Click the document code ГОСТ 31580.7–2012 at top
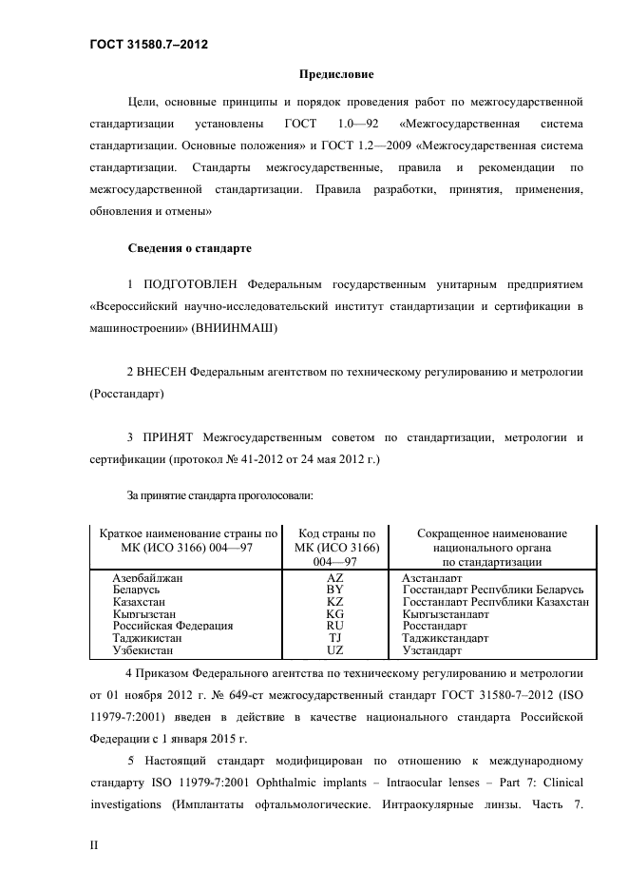coord(148,45)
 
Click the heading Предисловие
coord(336,74)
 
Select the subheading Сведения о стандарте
coord(189,248)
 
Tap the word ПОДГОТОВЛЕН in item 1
coord(190,283)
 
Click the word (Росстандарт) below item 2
coord(126,393)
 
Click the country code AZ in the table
coord(335,577)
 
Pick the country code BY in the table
coord(335,590)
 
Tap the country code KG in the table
coord(335,614)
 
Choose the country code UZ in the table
coord(335,651)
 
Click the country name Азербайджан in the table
coord(147,577)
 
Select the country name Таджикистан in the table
coord(147,639)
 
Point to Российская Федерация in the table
coord(172,627)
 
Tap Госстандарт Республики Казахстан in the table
coord(495,602)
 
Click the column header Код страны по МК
coord(336,541)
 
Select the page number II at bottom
coord(94,843)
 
